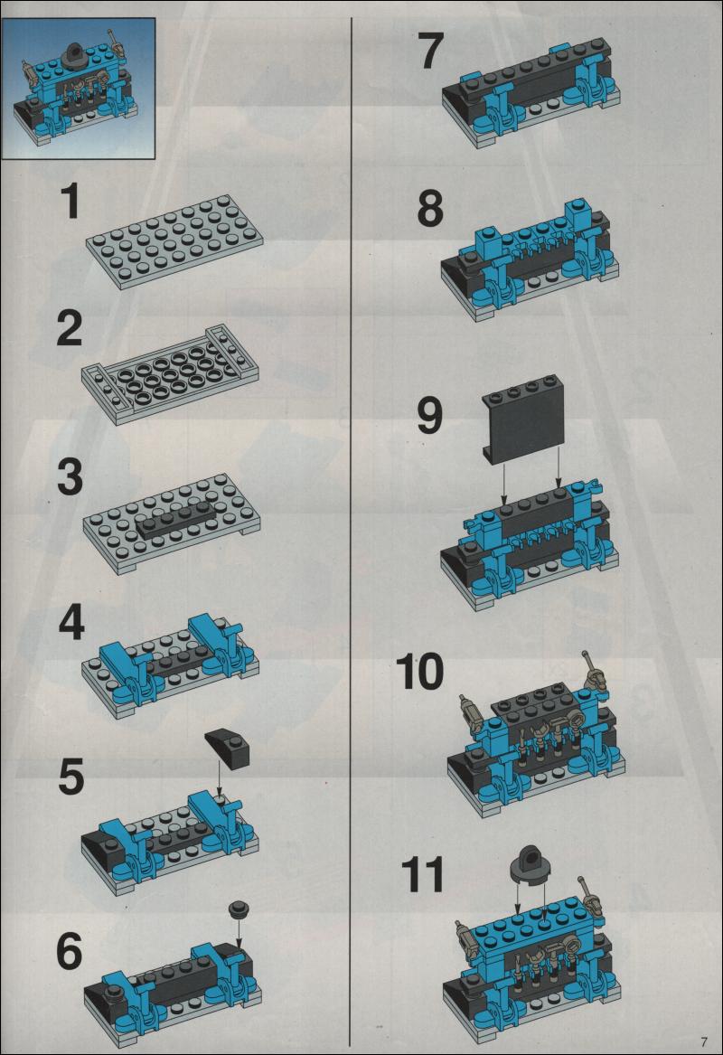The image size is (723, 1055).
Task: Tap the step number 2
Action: click(x=70, y=329)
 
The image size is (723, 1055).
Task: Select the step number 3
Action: click(x=70, y=477)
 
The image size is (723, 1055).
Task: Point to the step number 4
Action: click(x=71, y=623)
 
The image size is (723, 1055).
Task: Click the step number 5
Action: click(x=70, y=777)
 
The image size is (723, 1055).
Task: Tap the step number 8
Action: click(x=430, y=209)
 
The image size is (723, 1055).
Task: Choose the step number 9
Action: click(x=430, y=415)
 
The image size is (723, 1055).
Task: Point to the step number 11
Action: click(x=422, y=875)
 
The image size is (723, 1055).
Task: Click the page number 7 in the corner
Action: click(x=704, y=1041)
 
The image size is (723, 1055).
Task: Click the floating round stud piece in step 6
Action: click(x=239, y=909)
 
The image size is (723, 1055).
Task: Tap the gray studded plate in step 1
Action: click(x=174, y=242)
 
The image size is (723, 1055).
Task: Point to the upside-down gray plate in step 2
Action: click(x=170, y=375)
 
